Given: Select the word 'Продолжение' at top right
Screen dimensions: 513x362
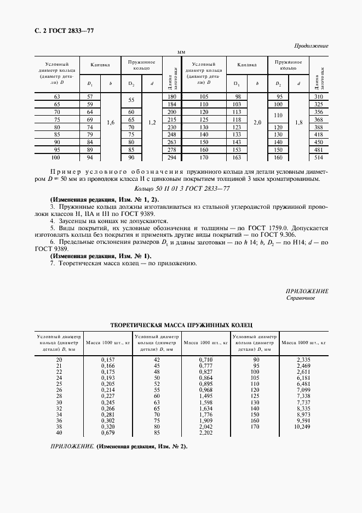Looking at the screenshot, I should click(x=311, y=45).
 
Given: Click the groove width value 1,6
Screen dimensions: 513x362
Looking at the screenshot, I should click(x=111, y=123).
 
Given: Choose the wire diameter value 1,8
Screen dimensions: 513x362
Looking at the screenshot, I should click(x=299, y=123).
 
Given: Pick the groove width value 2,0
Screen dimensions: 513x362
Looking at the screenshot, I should click(x=257, y=123).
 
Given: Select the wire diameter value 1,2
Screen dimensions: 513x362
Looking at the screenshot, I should click(x=152, y=123).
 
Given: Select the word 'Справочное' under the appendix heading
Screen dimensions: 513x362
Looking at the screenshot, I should click(x=301, y=299).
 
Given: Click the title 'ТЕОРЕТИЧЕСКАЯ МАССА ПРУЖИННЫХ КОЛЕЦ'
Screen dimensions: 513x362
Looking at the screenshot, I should click(x=181, y=325).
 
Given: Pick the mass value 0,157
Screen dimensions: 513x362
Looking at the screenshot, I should click(x=108, y=360).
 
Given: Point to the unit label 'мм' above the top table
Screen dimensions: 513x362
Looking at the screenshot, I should click(x=181, y=52).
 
